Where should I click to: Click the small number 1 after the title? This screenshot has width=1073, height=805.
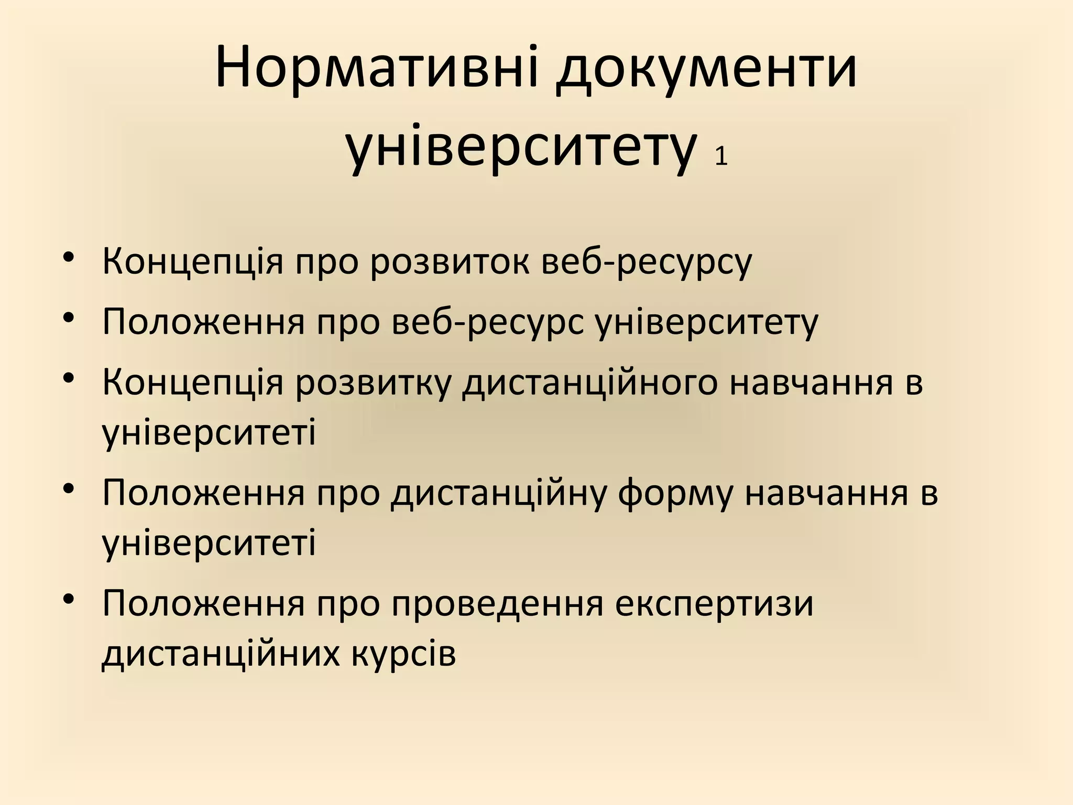721,156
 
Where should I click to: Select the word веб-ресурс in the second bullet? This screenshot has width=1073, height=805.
487,321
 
